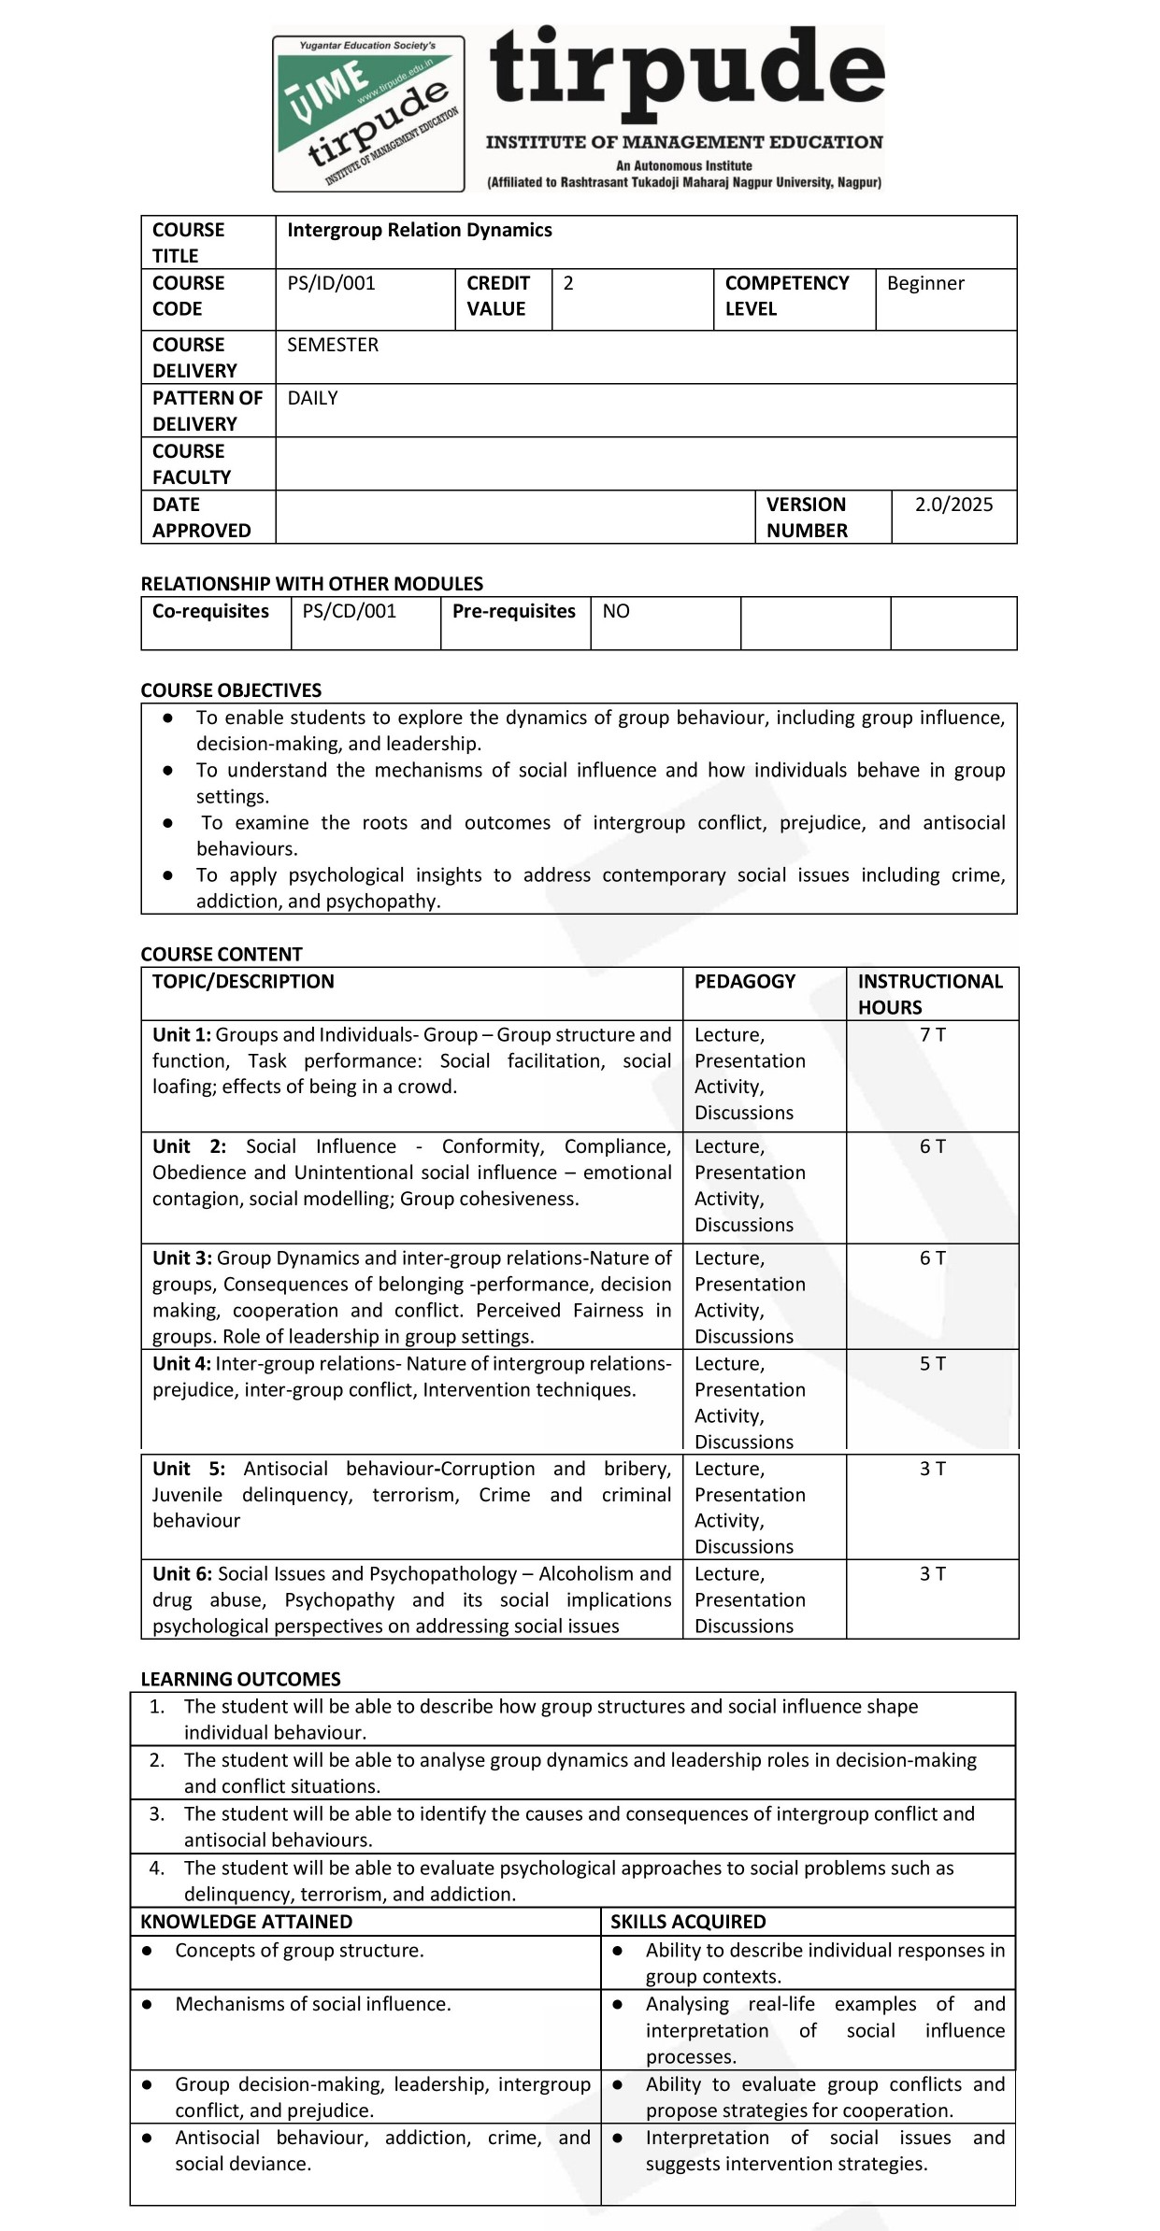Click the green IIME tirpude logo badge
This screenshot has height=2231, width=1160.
coord(368,113)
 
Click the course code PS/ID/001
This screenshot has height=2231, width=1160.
coord(331,283)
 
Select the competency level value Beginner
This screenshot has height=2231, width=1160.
coord(925,283)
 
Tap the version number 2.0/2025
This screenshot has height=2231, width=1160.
coord(953,504)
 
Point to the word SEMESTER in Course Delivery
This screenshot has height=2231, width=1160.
coord(333,345)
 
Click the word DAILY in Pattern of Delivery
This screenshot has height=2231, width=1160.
coord(312,398)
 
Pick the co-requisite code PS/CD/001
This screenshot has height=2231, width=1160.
coord(350,611)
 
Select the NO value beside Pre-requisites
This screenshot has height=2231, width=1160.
coord(616,611)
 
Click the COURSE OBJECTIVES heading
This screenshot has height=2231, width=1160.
coord(231,690)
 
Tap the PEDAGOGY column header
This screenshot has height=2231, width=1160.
coord(744,981)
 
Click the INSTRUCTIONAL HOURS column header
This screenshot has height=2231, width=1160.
coord(929,994)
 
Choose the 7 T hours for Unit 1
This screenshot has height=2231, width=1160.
coord(932,1034)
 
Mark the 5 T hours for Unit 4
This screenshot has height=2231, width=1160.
coord(932,1363)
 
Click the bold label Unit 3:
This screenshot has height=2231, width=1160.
coord(182,1258)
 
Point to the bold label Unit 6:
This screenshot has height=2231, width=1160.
coord(182,1574)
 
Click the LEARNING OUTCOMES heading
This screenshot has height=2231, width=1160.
coord(240,1679)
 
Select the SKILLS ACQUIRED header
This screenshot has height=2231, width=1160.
coord(688,1921)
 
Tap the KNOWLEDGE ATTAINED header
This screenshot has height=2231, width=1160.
coord(246,1921)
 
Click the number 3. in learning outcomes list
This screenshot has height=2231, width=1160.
coord(157,1813)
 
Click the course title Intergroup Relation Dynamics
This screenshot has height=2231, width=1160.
coord(419,230)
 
